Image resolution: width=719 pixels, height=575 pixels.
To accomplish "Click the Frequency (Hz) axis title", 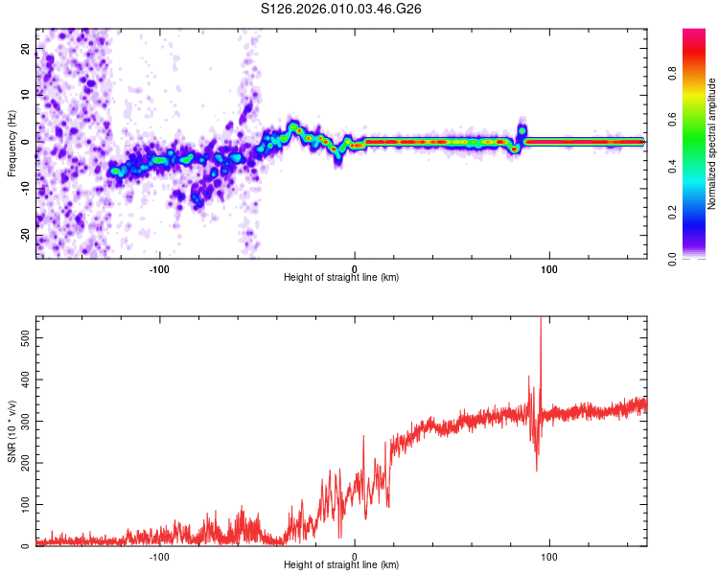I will click(12, 143).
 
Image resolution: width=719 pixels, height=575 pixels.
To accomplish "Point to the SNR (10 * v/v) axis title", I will click(12, 430).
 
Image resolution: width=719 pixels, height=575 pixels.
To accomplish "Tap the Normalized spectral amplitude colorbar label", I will click(712, 143).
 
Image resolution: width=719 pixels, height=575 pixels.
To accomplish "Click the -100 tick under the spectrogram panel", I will click(159, 268).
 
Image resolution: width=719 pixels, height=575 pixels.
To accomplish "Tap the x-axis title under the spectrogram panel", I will click(341, 278).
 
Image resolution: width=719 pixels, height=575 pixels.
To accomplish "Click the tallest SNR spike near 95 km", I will click(541, 322).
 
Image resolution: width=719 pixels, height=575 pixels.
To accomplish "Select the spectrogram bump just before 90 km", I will click(522, 129).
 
